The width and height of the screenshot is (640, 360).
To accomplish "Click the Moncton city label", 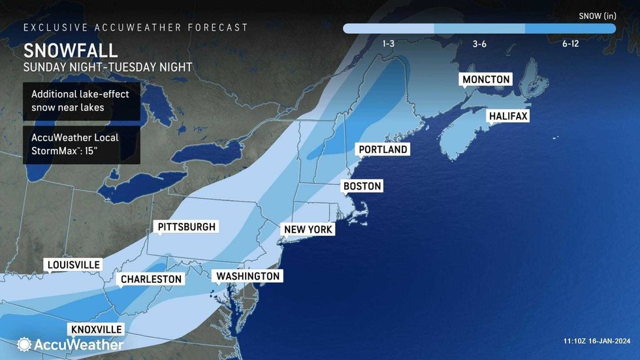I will (x=485, y=80).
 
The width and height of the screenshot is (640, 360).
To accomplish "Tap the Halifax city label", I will (x=507, y=116).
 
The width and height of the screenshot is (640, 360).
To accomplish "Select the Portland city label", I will (x=383, y=150).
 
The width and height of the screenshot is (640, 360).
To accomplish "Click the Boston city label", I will (x=362, y=186).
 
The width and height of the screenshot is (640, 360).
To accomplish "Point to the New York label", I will (x=308, y=229).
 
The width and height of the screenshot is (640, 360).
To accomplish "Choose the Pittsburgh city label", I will (x=186, y=227).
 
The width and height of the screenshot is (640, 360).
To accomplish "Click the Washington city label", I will (x=248, y=276).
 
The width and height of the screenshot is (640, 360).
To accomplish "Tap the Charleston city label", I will (x=150, y=279).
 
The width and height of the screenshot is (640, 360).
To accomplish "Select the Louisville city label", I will (x=73, y=265).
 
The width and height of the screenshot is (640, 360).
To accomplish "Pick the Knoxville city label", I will (x=95, y=329).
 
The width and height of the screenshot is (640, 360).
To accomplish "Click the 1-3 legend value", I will (x=388, y=44).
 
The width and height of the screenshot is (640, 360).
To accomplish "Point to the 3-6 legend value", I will (x=479, y=44).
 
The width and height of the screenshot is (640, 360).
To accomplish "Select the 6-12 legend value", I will (x=569, y=44).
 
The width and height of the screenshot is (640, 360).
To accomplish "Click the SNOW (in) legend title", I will (x=597, y=15).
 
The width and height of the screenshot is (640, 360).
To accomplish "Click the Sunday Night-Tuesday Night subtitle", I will (x=108, y=67).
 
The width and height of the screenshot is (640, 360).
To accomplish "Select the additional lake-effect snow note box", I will (x=81, y=101).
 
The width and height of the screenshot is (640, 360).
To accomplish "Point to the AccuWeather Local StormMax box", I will (x=81, y=144).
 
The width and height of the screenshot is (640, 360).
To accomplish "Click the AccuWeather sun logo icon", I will (x=25, y=344).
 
